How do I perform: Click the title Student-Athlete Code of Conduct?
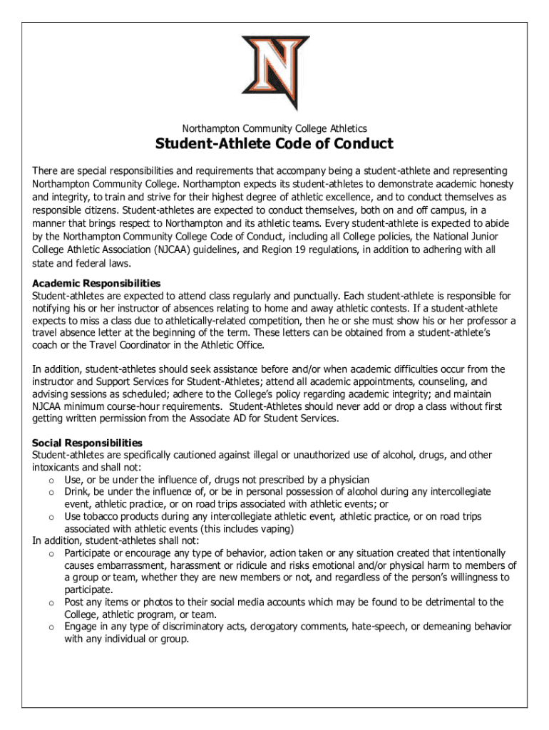click(x=274, y=145)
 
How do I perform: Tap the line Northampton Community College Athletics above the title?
click(x=274, y=128)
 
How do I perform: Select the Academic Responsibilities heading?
click(x=96, y=283)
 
